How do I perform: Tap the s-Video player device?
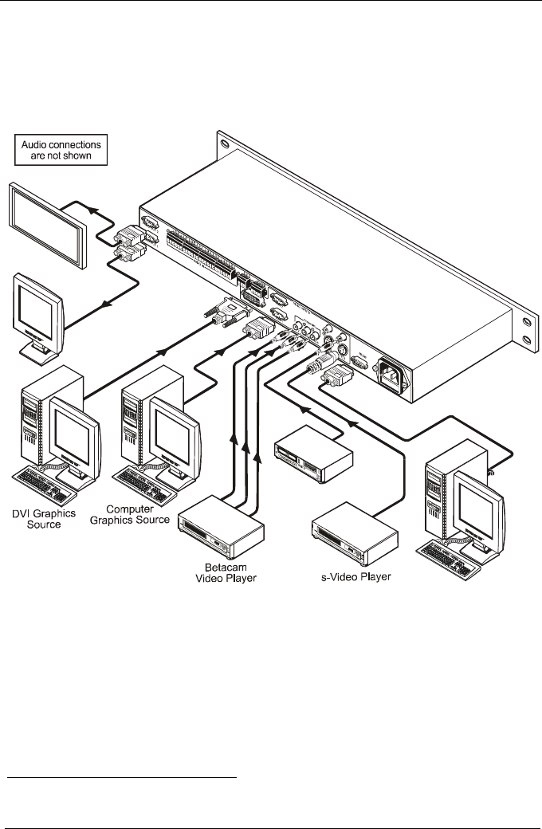coord(353,528)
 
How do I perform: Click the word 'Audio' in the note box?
coord(41,144)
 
